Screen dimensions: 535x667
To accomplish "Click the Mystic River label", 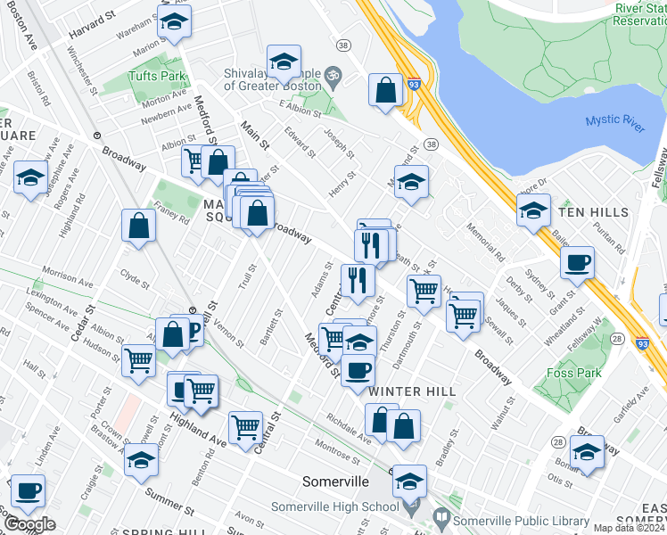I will [x=615, y=123].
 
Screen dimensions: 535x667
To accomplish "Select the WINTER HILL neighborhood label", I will [x=412, y=391].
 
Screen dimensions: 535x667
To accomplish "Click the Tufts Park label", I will [x=156, y=77].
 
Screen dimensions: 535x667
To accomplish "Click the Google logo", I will [x=29, y=524].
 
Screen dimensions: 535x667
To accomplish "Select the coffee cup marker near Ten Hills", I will [x=577, y=262].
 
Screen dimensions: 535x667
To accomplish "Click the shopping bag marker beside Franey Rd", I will [x=140, y=226].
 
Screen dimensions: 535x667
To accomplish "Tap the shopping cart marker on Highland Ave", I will [x=245, y=426].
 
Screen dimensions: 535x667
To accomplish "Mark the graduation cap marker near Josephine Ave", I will [x=30, y=178].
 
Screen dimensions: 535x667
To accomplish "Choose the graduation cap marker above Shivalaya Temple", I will [x=284, y=62].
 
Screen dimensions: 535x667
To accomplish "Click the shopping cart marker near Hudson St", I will [x=139, y=361].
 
